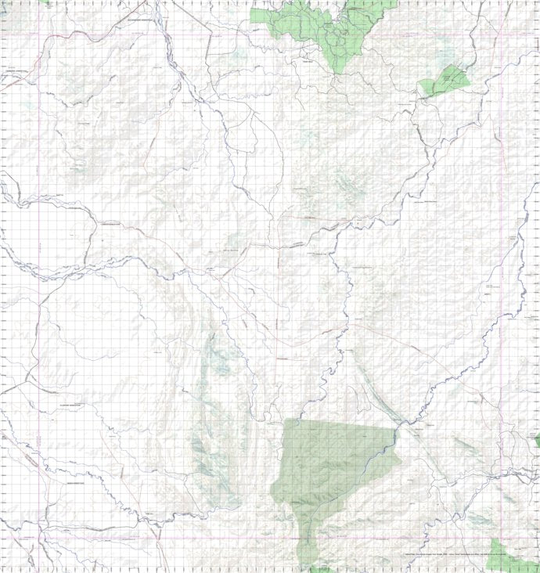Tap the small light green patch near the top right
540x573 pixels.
click(x=446, y=80)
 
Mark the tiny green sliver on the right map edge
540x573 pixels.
click(x=537, y=441)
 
